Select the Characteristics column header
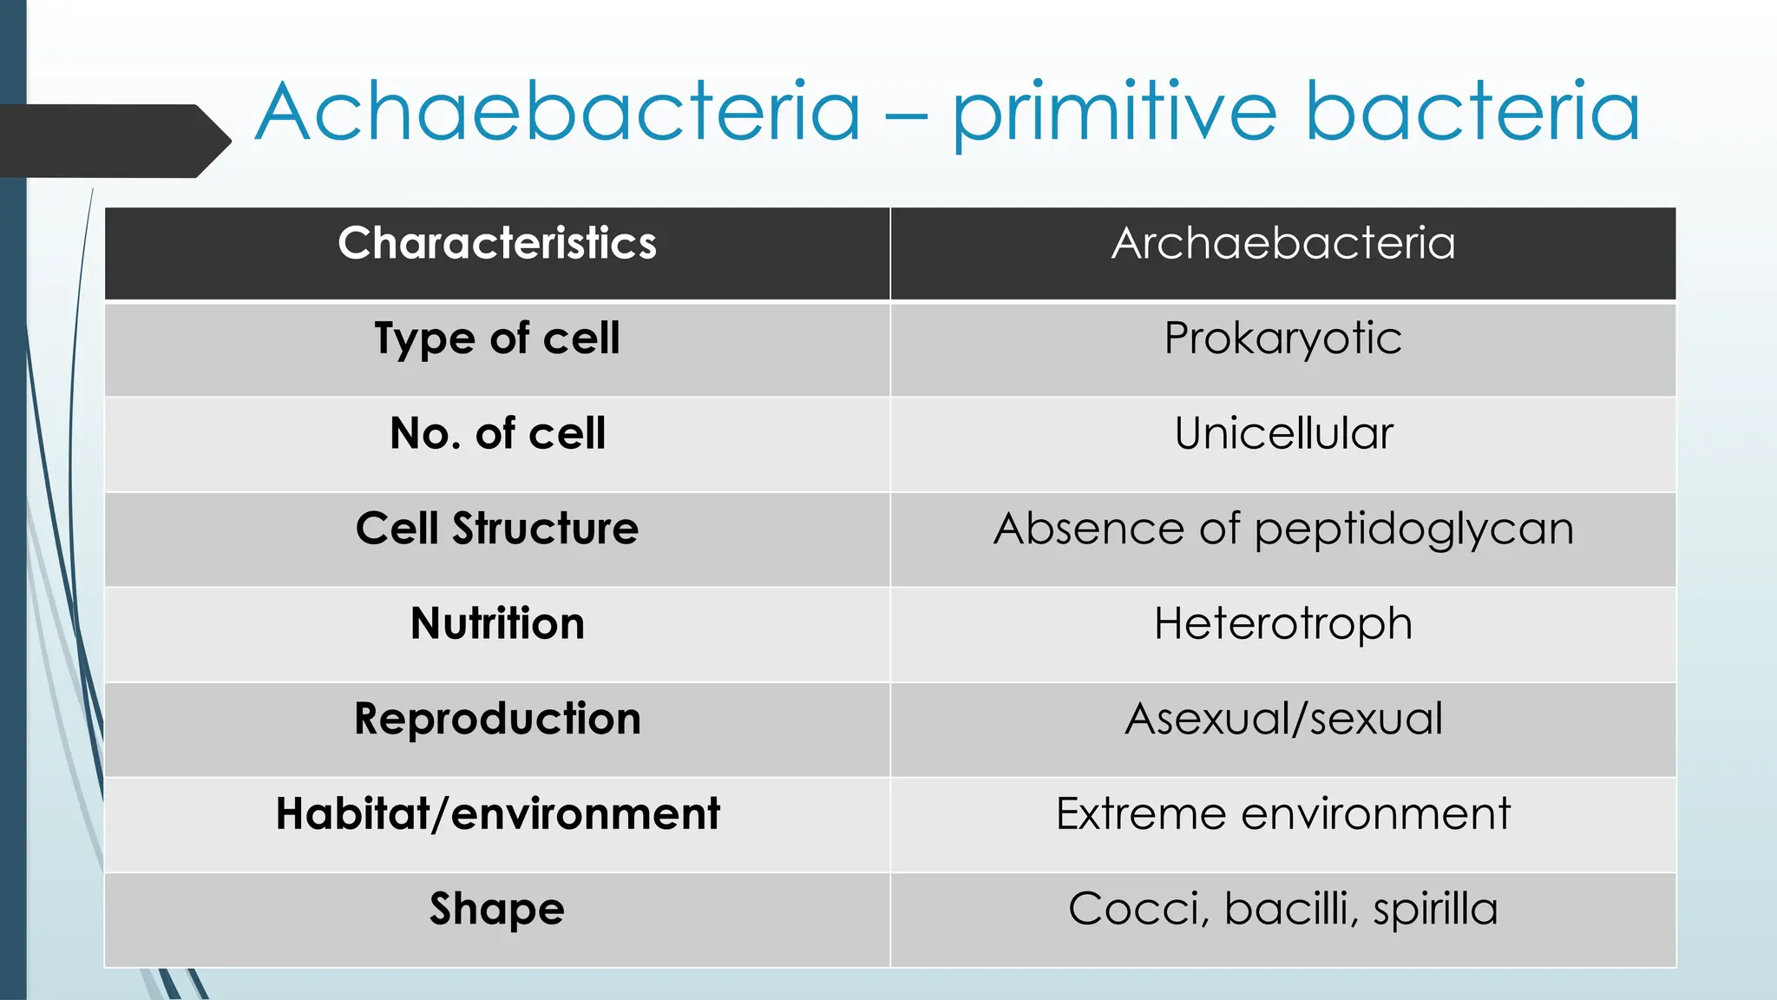(x=497, y=243)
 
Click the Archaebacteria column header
(x=1283, y=243)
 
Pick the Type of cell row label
(x=497, y=339)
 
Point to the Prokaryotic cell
(x=1282, y=339)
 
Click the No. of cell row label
(x=497, y=433)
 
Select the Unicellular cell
(x=1283, y=433)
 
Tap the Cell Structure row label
(x=497, y=529)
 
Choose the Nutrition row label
(x=497, y=624)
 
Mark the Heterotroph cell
(x=1282, y=624)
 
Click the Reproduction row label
(x=497, y=719)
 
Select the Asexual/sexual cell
(x=1283, y=719)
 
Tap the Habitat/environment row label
(x=497, y=814)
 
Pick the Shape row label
(x=497, y=910)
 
